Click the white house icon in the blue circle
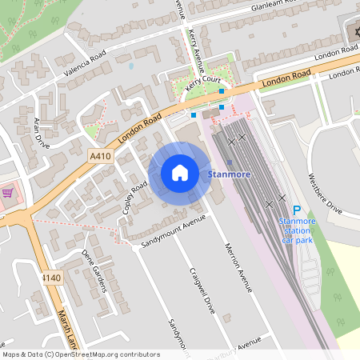coord(180,173)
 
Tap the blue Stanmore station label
coord(229,174)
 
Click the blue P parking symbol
coord(297,209)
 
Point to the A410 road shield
coord(101,157)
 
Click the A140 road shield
coord(50,277)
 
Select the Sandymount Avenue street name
coord(168,232)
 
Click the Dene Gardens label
coord(94,270)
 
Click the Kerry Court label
coord(203,84)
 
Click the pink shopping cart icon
coord(7,193)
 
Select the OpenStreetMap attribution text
coord(81,354)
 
